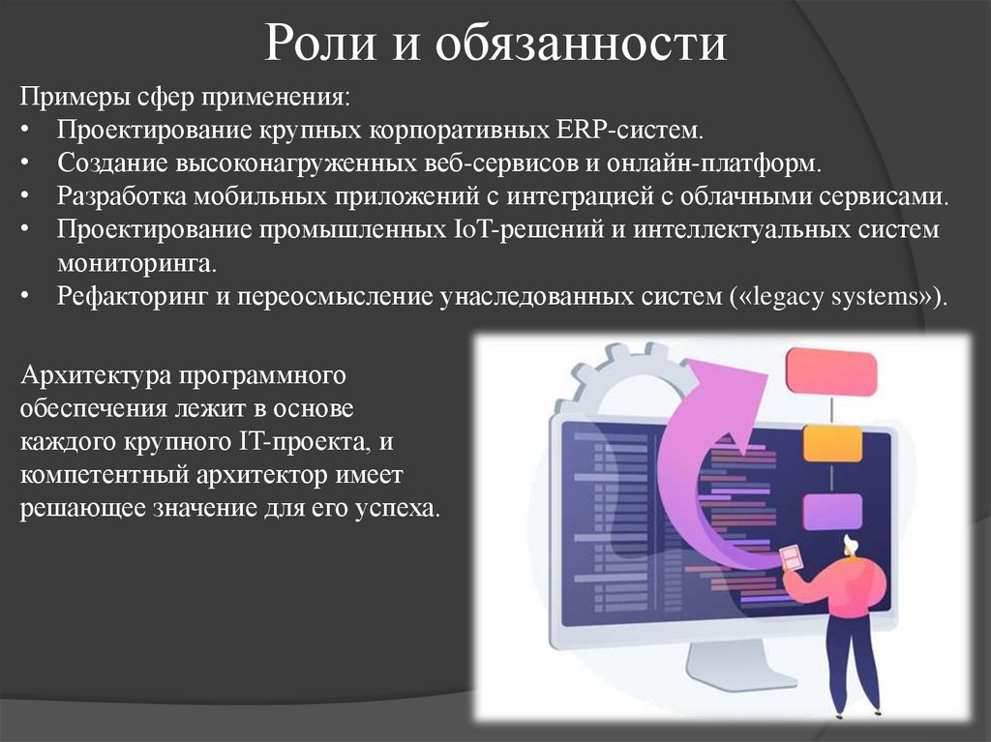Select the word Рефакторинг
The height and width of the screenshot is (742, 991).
coord(132,295)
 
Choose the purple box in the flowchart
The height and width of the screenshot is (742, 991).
coord(831,511)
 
